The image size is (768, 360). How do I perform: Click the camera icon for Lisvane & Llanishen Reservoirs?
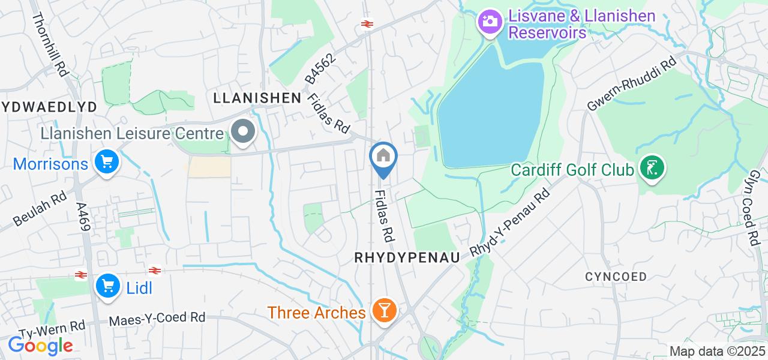(490, 22)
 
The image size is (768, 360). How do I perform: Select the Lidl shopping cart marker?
(109, 286)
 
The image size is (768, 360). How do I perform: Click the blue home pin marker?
(383, 157)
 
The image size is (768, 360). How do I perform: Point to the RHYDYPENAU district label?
(407, 257)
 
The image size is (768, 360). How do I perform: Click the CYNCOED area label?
(616, 277)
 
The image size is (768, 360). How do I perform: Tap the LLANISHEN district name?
(257, 98)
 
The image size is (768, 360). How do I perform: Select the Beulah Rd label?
(40, 209)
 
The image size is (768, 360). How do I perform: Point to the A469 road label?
(82, 216)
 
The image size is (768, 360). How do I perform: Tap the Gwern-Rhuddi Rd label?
(631, 84)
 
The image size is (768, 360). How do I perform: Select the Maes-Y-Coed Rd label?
(157, 319)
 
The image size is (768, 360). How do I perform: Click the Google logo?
(40, 346)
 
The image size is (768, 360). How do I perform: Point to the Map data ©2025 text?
(717, 352)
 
